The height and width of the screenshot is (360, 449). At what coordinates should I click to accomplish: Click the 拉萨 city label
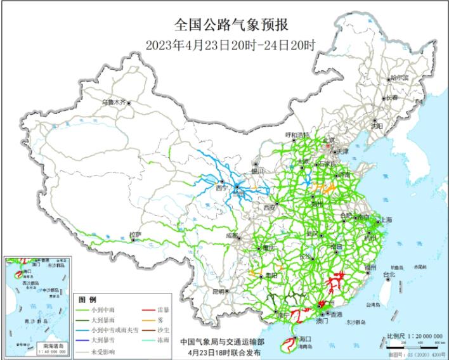135,234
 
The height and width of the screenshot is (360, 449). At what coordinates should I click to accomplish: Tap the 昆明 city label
219,292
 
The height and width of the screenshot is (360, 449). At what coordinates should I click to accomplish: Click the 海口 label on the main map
304,340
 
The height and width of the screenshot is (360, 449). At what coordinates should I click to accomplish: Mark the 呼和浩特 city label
297,135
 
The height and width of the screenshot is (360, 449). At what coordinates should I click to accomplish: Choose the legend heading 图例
88,299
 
